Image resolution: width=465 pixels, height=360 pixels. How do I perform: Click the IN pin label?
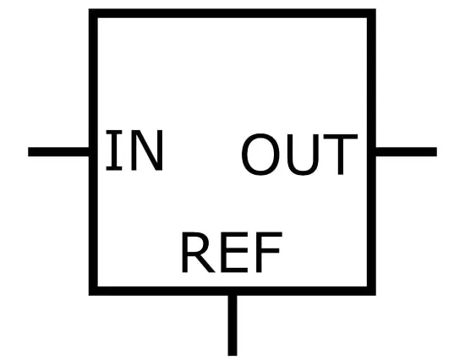[134, 150]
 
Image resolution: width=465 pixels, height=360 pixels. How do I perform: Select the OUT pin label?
[299, 154]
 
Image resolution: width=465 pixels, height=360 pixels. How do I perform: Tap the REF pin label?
[232, 253]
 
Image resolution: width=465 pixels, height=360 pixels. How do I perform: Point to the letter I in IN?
[114, 150]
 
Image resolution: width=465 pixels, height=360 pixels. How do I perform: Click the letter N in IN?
[147, 150]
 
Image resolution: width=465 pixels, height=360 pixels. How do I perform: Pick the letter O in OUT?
[261, 154]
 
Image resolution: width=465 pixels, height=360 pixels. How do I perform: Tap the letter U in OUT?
[303, 155]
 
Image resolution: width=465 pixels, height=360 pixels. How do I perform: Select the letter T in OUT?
[341, 154]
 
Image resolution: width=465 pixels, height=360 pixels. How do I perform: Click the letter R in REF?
[198, 253]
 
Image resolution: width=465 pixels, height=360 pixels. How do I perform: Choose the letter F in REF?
[269, 253]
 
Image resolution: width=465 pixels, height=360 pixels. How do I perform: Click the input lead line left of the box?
[58, 151]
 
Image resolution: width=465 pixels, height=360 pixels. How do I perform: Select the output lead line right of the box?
[407, 151]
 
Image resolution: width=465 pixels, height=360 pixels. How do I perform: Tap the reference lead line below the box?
[232, 325]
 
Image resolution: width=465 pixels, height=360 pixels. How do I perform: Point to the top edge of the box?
[232, 14]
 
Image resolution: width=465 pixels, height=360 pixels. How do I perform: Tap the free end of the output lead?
[436, 151]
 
